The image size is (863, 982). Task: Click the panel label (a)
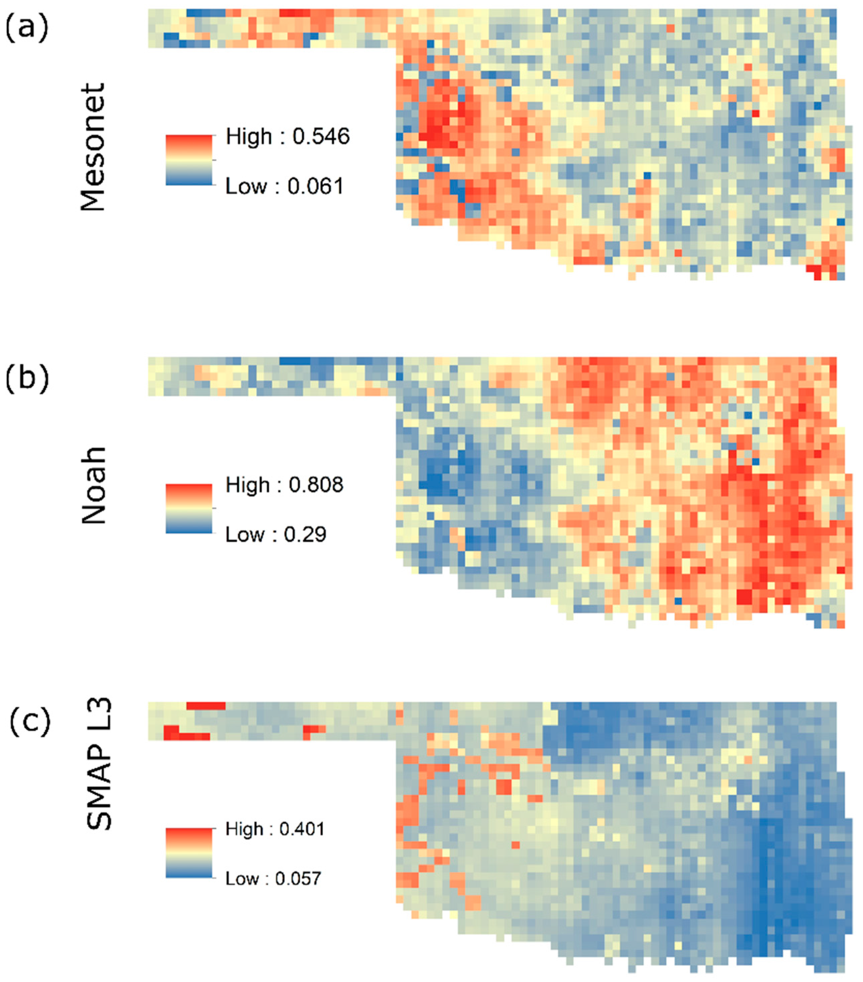click(x=27, y=27)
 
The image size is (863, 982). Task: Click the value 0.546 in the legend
click(x=321, y=137)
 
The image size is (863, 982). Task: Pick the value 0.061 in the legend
click(x=316, y=187)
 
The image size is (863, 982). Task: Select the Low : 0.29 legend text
click(x=276, y=534)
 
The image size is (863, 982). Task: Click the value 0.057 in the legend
click(x=298, y=879)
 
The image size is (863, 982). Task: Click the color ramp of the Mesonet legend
click(x=189, y=160)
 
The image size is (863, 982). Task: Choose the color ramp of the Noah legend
click(x=189, y=508)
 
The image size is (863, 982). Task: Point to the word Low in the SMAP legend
click(x=242, y=879)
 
